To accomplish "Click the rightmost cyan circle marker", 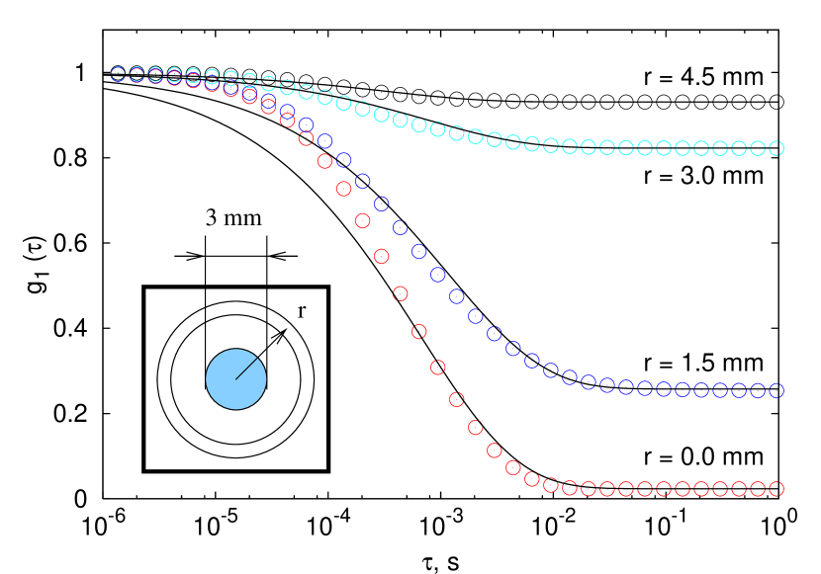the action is [776, 148].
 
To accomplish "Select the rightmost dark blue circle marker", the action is [776, 390].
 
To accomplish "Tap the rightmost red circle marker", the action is [776, 489].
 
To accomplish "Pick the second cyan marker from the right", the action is [758, 148].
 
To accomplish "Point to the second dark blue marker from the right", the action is [758, 390].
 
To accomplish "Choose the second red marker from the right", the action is [758, 489].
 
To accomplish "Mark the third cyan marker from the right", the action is [739, 148].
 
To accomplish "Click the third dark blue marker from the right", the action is [739, 390].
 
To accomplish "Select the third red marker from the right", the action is [739, 489].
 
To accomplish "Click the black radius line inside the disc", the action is [246, 369].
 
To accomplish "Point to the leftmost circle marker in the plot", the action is [118, 74].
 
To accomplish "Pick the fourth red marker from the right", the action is [720, 489].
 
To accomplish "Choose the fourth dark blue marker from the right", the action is [720, 390].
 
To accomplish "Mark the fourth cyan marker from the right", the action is [720, 148].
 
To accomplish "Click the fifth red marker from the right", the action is [701, 489].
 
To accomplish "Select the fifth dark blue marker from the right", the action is [701, 390].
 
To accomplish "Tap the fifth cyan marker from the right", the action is [701, 148].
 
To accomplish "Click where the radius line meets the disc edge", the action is [257, 358].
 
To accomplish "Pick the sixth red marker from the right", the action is [683, 489].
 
